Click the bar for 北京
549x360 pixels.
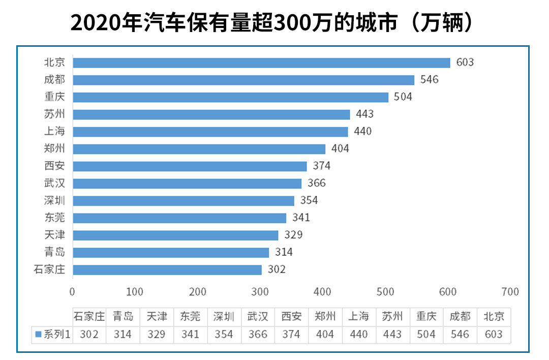pos(261,63)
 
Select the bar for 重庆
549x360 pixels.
pos(230,97)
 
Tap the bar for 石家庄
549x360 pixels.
pos(167,269)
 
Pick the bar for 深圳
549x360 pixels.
pos(184,200)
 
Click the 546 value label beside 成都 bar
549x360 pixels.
pos(429,80)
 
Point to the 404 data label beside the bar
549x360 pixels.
pos(340,149)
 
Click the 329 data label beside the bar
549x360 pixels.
pos(293,235)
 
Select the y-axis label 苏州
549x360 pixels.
pos(54,114)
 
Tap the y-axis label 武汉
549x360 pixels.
pos(54,183)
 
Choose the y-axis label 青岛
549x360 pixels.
pos(54,252)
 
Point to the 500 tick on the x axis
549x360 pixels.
pos(385,292)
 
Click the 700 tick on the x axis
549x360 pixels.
pos(510,292)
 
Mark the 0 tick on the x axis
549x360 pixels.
pos(72,292)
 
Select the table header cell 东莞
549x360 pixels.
pos(190,316)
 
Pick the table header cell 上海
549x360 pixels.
pos(358,316)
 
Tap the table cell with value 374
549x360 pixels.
pos(291,334)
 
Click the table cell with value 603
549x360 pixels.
pos(494,334)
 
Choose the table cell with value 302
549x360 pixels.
pos(89,334)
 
